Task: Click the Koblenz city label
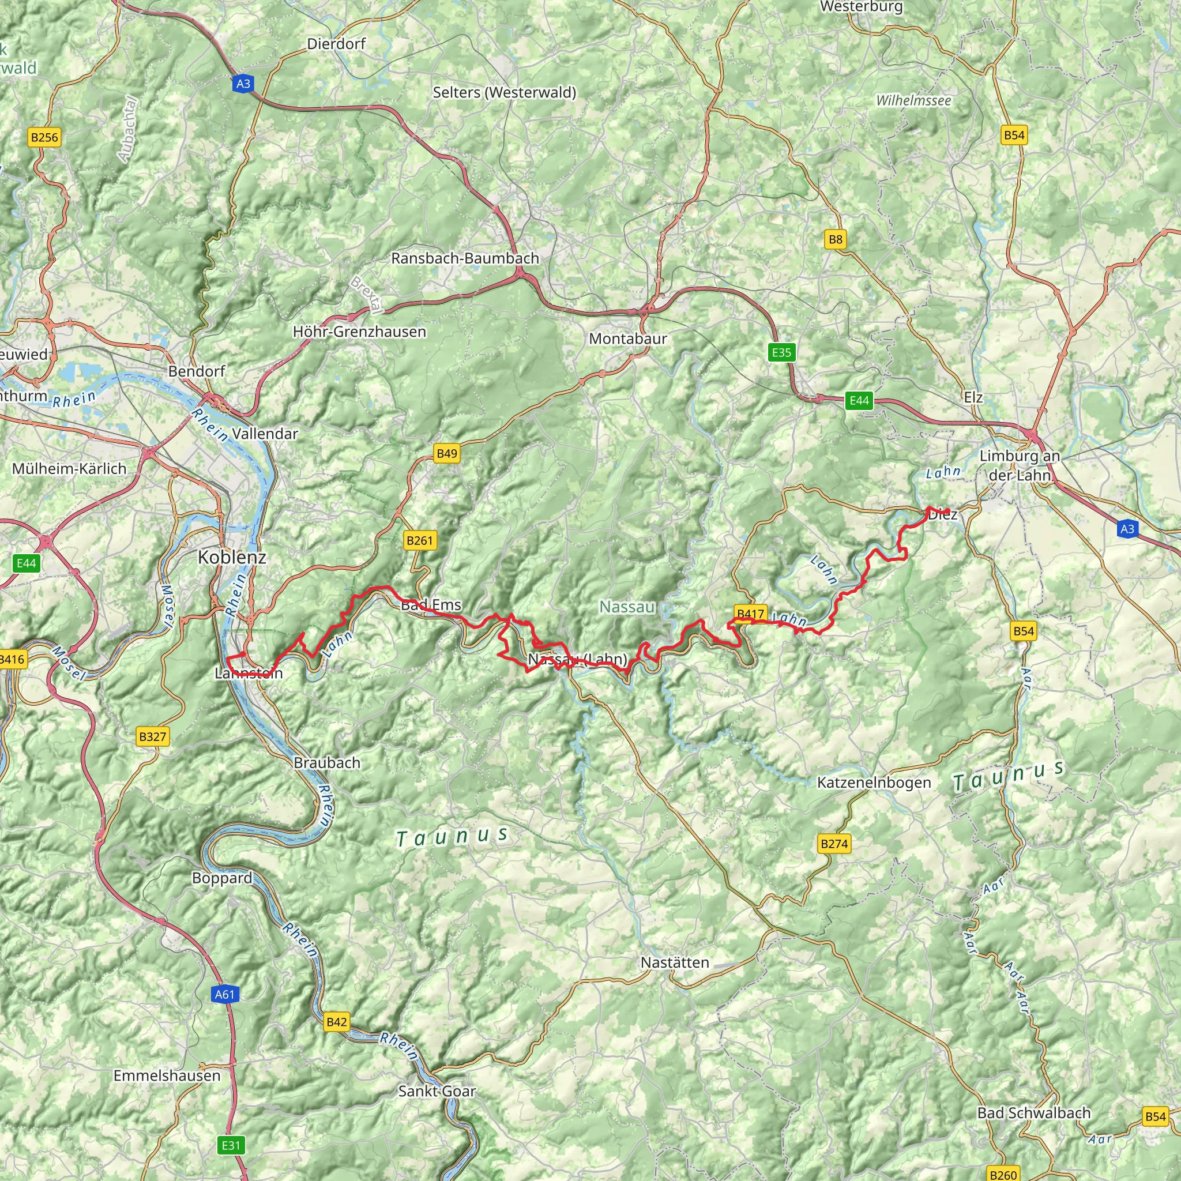[232, 557]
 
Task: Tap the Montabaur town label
[627, 338]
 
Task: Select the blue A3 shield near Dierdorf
[243, 83]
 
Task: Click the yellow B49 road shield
[446, 453]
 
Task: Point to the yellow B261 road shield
[419, 540]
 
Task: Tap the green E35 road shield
[781, 352]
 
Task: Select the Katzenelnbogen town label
[874, 783]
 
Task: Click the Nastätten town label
[674, 962]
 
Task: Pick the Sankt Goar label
[437, 1090]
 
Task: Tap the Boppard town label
[222, 878]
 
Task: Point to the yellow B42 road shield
[336, 1021]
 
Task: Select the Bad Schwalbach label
[1034, 1112]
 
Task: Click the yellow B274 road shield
[834, 844]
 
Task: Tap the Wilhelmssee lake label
[913, 101]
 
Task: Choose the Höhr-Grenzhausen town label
[359, 332]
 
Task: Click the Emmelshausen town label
[166, 1075]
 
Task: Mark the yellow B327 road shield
[152, 736]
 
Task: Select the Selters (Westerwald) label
[505, 92]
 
